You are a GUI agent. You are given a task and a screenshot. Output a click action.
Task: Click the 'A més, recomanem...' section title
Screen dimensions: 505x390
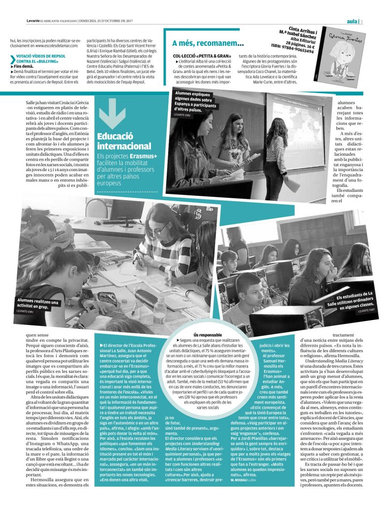pyautogui.click(x=208, y=43)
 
